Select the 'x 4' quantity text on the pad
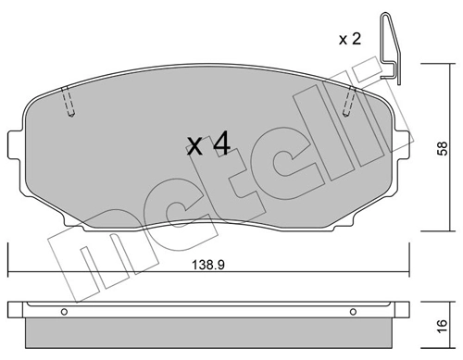click(x=208, y=144)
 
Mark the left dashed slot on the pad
click(x=68, y=102)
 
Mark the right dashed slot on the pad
click(x=349, y=102)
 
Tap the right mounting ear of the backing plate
click(x=403, y=143)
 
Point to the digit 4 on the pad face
click(x=220, y=144)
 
